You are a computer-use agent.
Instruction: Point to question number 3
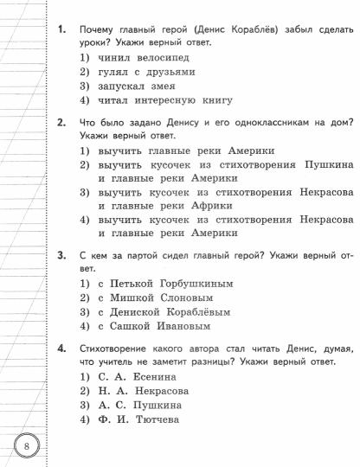[x=61, y=255]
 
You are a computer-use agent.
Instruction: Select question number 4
[x=61, y=349]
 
